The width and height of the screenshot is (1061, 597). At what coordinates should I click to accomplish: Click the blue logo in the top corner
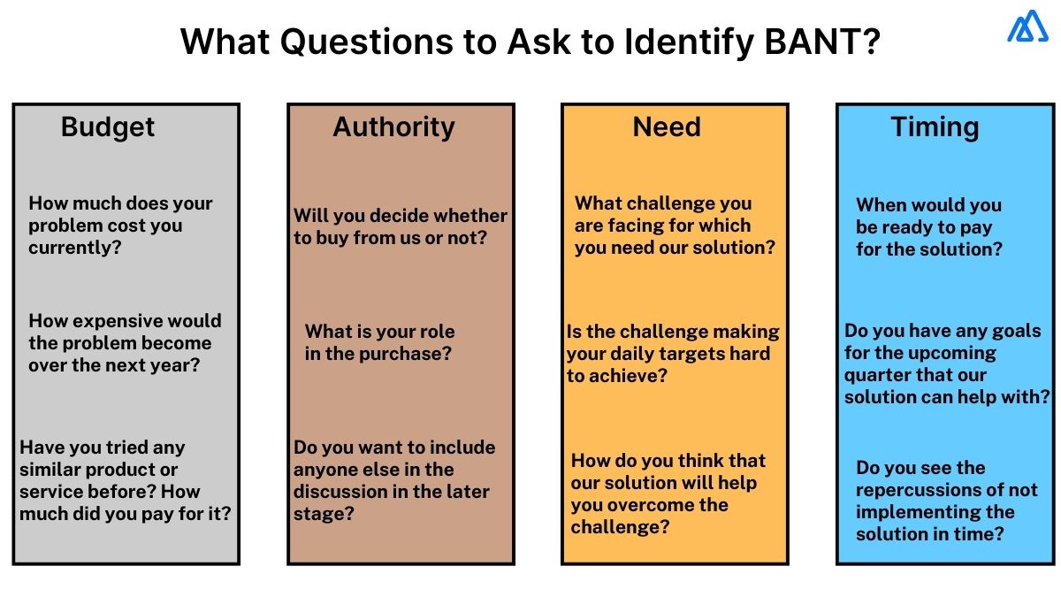coord(1027,27)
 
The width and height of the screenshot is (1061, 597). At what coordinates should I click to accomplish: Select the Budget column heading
coord(108,127)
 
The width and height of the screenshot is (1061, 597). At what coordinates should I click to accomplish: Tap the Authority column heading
coord(393,127)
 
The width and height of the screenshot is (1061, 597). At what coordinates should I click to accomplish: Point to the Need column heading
coord(667,127)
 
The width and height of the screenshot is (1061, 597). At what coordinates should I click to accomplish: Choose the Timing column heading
coord(935,127)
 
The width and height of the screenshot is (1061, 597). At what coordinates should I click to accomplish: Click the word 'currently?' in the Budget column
coord(74,248)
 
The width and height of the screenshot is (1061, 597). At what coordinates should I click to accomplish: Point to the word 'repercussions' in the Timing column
coord(918,490)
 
